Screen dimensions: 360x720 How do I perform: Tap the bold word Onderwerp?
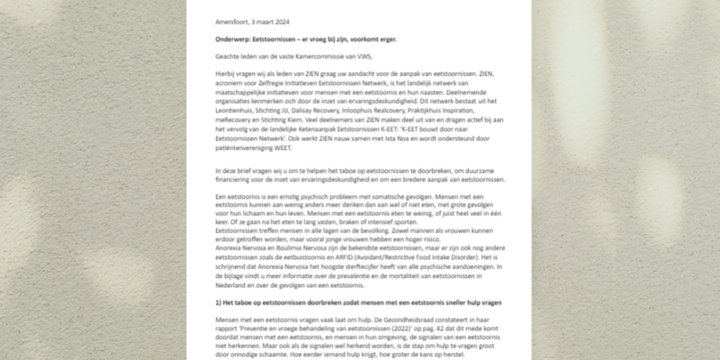(x=236, y=39)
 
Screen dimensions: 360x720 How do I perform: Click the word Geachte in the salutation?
(x=229, y=58)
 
